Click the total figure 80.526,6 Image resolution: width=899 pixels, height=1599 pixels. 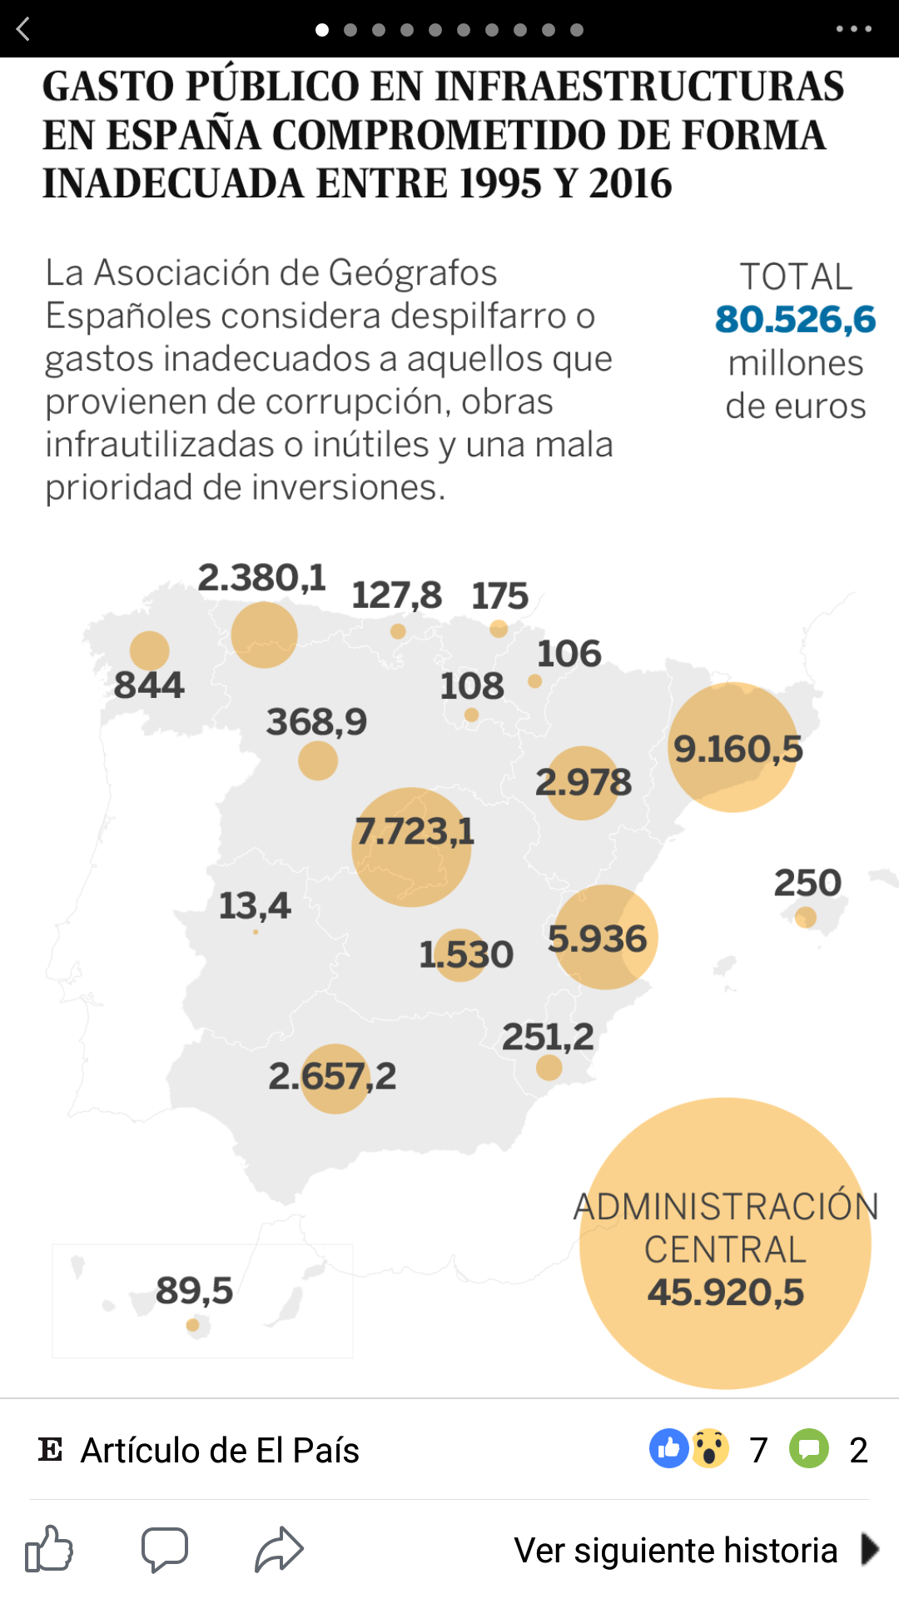(x=795, y=320)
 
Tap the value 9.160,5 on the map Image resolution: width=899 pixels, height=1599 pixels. (x=738, y=749)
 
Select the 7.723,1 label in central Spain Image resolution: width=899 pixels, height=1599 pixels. (x=415, y=831)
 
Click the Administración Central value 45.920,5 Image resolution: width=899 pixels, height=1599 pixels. (x=726, y=1293)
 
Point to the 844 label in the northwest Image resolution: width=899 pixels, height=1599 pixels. (x=149, y=685)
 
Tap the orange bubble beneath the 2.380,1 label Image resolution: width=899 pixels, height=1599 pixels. (x=264, y=635)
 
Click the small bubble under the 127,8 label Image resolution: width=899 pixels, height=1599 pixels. (x=398, y=631)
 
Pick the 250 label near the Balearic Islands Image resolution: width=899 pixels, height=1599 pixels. (x=807, y=883)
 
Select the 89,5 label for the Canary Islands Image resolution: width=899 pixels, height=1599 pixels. (x=194, y=1291)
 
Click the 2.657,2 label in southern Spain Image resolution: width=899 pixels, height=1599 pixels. (x=332, y=1077)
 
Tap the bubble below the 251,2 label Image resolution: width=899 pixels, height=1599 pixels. (x=549, y=1067)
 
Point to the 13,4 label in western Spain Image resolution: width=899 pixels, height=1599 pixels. (x=255, y=906)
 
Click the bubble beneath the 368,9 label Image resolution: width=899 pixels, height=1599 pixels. (x=318, y=760)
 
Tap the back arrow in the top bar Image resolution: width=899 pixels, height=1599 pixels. (x=23, y=29)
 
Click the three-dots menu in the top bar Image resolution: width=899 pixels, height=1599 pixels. (x=853, y=29)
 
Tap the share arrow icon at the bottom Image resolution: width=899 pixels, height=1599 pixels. (x=279, y=1550)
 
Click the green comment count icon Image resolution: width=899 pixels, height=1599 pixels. (x=809, y=1448)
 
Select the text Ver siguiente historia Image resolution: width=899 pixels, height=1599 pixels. (x=675, y=1551)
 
